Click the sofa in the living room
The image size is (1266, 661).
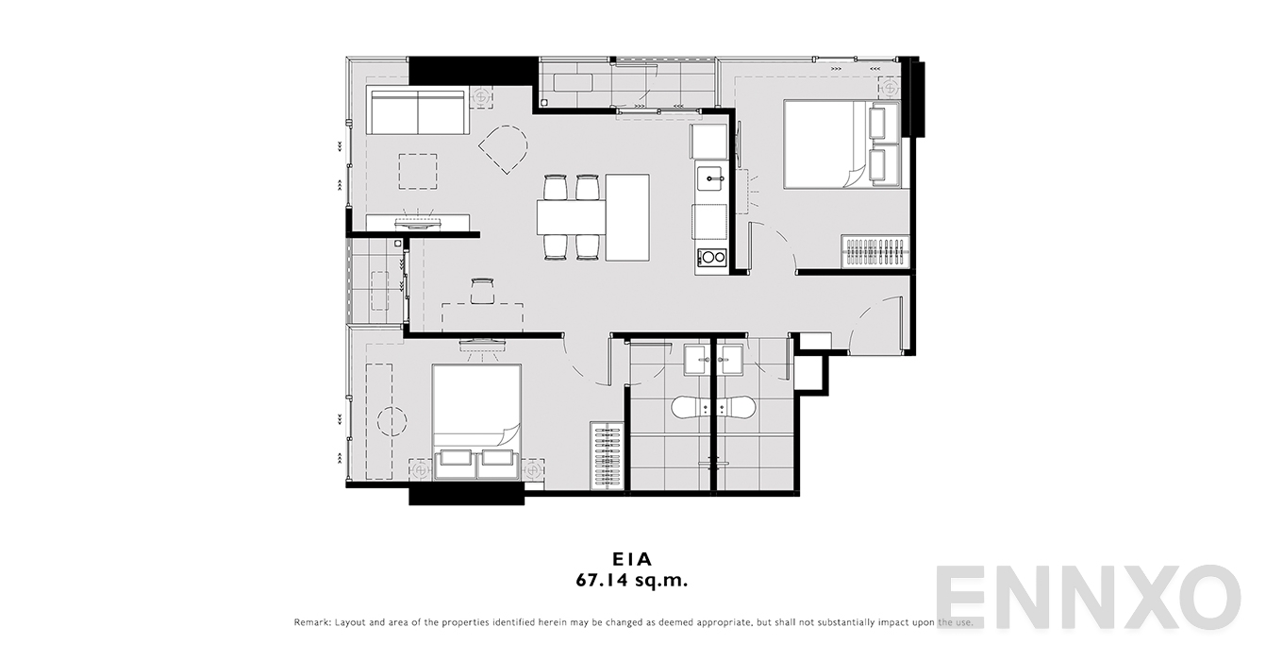click(x=418, y=110)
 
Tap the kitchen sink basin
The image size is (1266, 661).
click(x=710, y=178)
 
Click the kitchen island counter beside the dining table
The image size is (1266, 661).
click(x=627, y=218)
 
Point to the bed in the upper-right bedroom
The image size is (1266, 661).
click(x=841, y=144)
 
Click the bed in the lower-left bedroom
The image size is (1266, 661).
click(x=476, y=421)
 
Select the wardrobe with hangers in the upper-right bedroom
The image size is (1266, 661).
click(x=875, y=250)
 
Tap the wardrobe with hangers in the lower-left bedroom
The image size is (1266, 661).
click(x=607, y=455)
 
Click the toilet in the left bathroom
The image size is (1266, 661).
click(x=691, y=407)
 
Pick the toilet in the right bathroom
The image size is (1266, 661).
click(x=735, y=407)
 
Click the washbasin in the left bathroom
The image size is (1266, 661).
click(x=697, y=360)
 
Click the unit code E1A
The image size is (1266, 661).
click(x=632, y=559)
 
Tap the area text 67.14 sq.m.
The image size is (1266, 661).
click(x=632, y=580)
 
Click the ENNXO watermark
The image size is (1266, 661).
click(x=1088, y=597)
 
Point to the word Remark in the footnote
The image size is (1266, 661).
click(x=311, y=622)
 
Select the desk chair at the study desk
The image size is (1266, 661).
click(x=482, y=291)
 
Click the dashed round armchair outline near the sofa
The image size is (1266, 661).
click(x=503, y=149)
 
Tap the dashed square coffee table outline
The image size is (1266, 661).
click(x=418, y=172)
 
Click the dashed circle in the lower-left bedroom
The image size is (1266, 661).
click(x=391, y=421)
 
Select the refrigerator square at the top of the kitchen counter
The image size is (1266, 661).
click(x=708, y=142)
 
